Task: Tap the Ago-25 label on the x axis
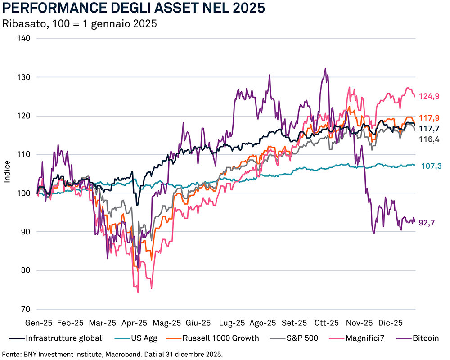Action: click(263, 323)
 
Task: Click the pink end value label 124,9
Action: click(429, 96)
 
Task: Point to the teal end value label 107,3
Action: click(431, 166)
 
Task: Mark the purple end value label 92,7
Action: click(429, 222)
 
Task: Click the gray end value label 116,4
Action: click(429, 139)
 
